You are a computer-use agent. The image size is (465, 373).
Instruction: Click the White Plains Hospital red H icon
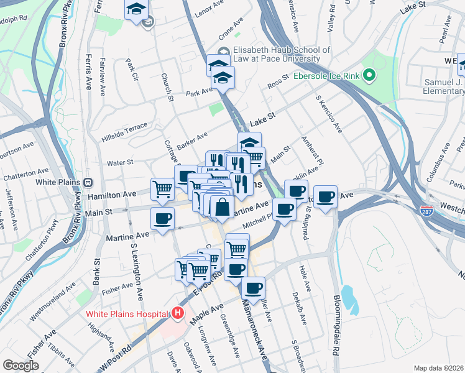click(178, 313)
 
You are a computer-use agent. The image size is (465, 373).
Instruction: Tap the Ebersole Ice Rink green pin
click(369, 76)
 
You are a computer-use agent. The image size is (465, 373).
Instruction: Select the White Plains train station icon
click(88, 183)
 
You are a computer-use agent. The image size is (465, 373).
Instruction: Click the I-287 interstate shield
click(426, 211)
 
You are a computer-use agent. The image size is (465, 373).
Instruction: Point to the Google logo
click(21, 365)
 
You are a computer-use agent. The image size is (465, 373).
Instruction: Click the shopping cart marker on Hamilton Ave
click(163, 187)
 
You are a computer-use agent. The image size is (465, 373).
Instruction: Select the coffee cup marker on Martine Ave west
click(163, 218)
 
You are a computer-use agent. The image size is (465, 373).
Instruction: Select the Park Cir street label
click(131, 70)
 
